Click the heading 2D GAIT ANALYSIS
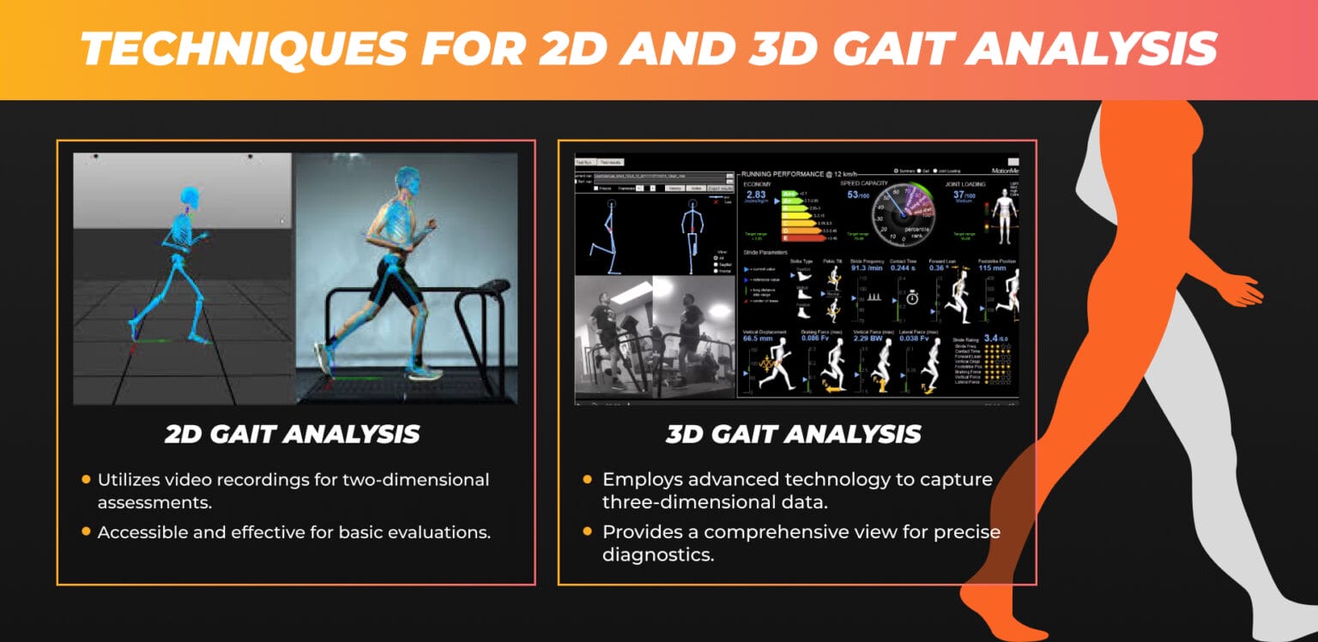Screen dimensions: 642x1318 point(293,434)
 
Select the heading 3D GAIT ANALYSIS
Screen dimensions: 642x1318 point(794,434)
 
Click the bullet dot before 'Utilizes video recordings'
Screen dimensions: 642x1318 point(86,479)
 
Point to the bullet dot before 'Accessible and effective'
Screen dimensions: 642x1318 point(86,531)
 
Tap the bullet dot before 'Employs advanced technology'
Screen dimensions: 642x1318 point(587,479)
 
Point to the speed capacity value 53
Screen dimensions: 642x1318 point(852,195)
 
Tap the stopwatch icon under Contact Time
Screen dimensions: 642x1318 point(912,297)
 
